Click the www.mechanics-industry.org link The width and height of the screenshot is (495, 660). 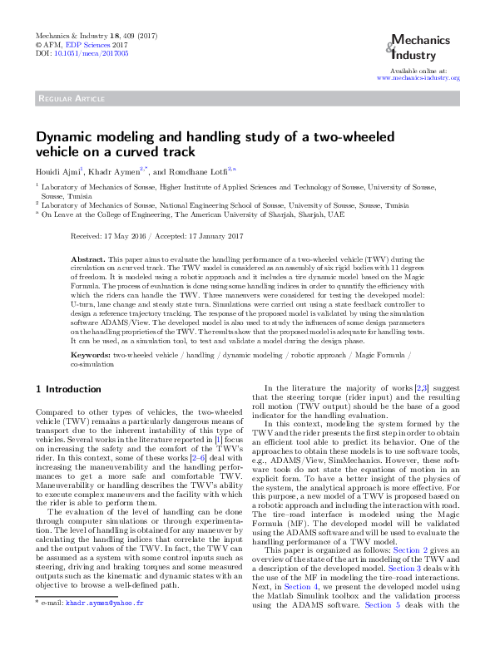pos(418,77)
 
